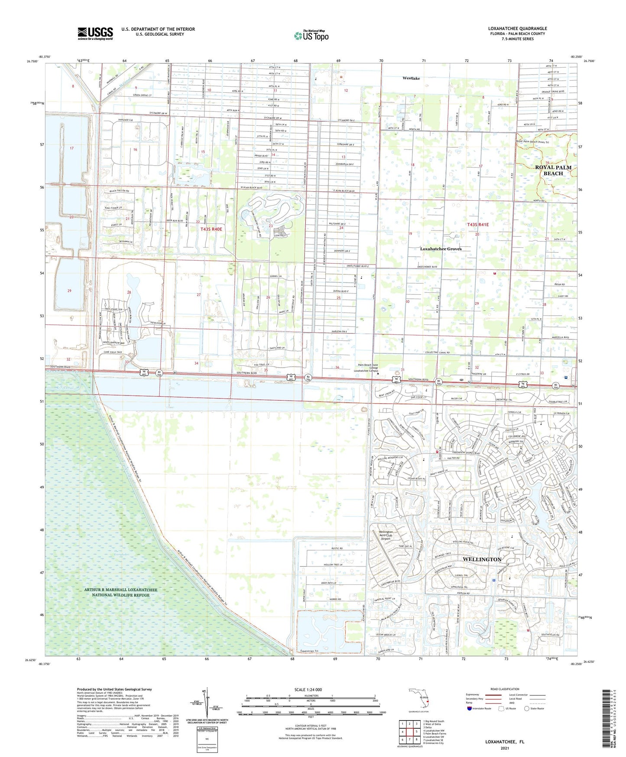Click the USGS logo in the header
tap(95, 33)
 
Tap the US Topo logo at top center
tap(311, 35)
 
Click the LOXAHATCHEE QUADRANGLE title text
tap(517, 29)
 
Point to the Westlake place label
tap(411, 78)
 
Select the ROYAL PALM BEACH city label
tap(553, 170)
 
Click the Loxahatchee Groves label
tap(441, 249)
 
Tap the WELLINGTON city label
tap(482, 559)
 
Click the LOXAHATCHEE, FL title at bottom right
tap(504, 742)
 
